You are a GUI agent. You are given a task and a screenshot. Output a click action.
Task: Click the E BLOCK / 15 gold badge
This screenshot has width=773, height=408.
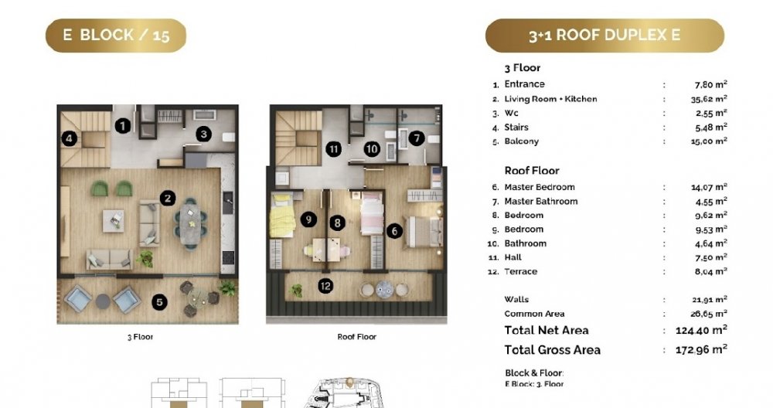(116, 36)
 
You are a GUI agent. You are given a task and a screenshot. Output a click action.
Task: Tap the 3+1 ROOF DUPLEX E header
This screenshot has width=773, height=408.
(605, 36)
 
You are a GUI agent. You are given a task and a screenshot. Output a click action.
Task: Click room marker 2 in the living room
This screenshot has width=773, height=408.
(168, 199)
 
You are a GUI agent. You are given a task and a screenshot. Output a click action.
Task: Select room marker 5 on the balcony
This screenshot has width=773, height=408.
(159, 302)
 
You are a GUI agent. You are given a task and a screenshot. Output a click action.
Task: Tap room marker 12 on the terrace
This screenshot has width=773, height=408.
(325, 286)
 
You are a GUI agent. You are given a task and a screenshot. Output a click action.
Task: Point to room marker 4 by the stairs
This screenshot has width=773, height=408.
(69, 139)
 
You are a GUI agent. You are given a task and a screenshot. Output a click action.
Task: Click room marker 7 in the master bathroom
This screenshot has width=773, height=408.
(417, 138)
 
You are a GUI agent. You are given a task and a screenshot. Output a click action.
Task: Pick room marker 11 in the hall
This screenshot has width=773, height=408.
(334, 149)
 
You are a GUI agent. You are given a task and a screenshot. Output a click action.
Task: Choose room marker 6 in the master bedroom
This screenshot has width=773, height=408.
(394, 230)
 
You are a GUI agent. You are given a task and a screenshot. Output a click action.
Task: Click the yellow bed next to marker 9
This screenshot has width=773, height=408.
(282, 216)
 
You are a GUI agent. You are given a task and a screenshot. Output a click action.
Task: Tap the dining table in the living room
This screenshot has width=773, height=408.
(190, 224)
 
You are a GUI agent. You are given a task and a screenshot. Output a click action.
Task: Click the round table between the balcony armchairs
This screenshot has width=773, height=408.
(103, 301)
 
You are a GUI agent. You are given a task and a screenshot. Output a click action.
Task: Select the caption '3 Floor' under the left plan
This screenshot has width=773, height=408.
(141, 337)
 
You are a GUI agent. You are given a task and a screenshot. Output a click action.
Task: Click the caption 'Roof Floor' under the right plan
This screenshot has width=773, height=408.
(356, 337)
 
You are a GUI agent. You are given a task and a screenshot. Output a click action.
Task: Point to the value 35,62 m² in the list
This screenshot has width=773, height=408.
(709, 99)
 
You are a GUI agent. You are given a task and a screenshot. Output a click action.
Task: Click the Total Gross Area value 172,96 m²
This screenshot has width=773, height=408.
(702, 350)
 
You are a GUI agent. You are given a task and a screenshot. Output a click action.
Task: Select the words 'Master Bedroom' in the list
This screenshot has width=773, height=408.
(540, 187)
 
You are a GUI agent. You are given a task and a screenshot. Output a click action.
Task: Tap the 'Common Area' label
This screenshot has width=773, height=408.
(534, 314)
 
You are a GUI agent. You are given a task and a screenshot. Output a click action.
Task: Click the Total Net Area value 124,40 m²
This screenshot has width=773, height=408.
(702, 330)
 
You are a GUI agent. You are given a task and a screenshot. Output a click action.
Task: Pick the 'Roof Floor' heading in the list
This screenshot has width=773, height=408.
(532, 171)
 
